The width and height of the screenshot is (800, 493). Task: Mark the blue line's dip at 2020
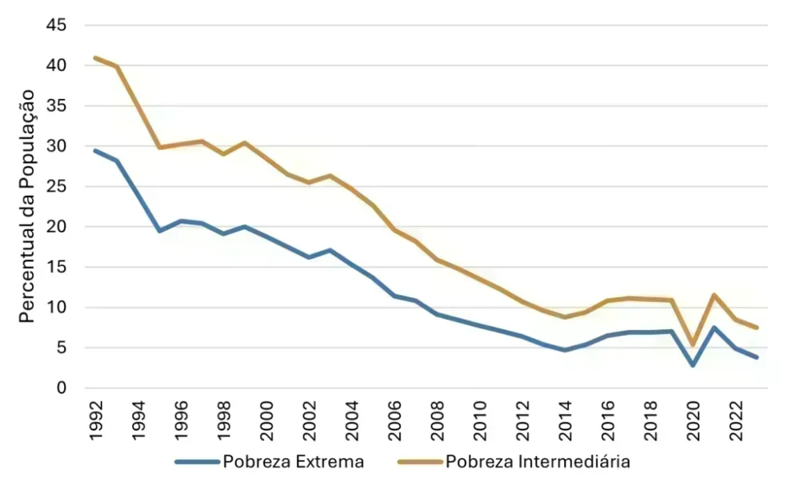[x=693, y=365]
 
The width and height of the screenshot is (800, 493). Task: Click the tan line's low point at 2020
[x=693, y=345]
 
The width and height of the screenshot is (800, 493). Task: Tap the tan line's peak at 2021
[x=714, y=295]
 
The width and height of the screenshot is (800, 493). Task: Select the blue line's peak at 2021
[x=714, y=327]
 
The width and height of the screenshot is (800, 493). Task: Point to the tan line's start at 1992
[x=95, y=58]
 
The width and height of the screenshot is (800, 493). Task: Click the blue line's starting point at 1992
[x=95, y=150]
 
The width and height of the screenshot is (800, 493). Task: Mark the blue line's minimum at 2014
[x=565, y=350]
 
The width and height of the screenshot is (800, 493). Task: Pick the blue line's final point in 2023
[x=757, y=357]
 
